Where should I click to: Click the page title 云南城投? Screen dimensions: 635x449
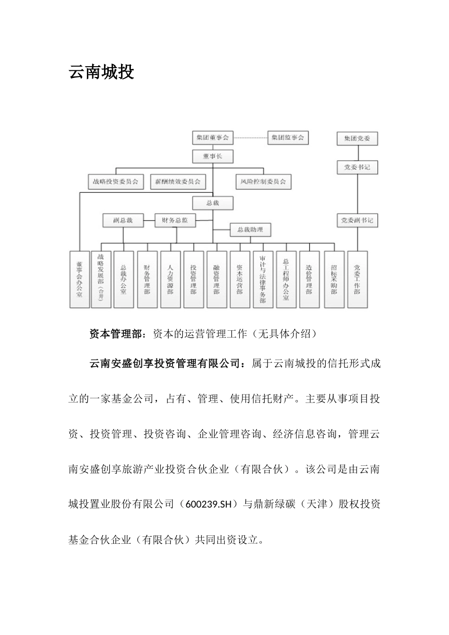[102, 72]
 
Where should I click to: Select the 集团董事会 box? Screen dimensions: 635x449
[212, 138]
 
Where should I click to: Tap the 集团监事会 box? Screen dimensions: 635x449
[288, 138]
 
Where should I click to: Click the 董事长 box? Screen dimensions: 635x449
[212, 156]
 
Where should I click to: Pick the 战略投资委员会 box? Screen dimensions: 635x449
[116, 181]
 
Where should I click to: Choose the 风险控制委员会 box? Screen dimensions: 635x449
[263, 181]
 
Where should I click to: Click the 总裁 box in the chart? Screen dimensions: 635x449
[213, 203]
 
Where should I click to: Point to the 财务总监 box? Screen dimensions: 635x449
[175, 220]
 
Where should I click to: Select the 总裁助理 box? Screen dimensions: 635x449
[250, 230]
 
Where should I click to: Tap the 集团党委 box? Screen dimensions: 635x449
[357, 139]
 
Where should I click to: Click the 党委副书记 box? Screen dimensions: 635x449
[357, 220]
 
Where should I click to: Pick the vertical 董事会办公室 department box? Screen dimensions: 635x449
[79, 279]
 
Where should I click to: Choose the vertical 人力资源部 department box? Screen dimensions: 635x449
[170, 279]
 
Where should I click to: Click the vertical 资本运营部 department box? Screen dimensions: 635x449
[240, 279]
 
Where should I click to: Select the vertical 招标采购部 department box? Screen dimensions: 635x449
[334, 279]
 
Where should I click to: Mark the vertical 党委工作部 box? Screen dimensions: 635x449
[357, 279]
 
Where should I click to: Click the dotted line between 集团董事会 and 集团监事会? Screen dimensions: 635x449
[250, 138]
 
